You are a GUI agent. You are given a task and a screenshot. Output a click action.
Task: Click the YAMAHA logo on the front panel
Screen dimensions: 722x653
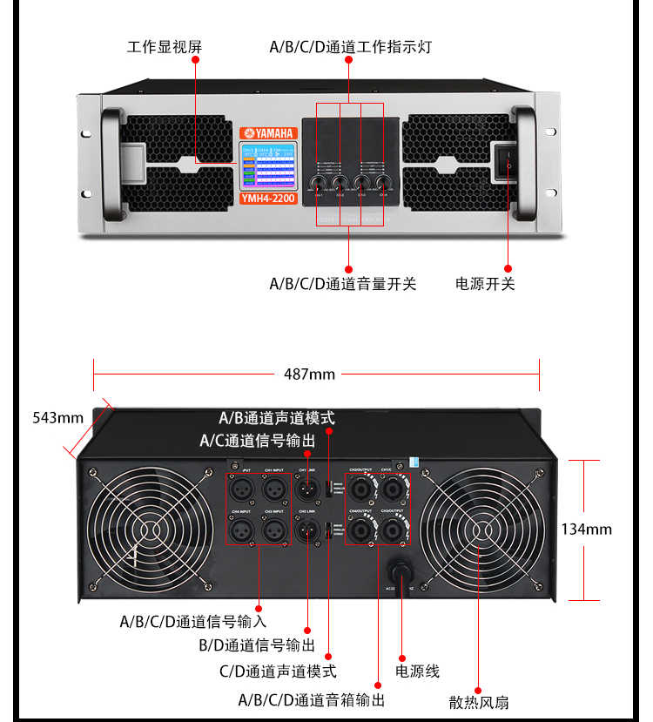pos(268,133)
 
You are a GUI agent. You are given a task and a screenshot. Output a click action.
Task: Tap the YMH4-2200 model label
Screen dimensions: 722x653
pos(268,199)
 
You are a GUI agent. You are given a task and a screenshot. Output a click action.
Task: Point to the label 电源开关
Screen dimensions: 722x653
pos(486,284)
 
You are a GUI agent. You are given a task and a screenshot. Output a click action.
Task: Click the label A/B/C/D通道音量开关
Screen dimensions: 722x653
pos(343,284)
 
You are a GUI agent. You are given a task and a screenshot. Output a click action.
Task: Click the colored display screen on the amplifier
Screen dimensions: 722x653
pos(268,165)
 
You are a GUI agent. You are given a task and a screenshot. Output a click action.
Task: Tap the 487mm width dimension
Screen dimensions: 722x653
pos(309,374)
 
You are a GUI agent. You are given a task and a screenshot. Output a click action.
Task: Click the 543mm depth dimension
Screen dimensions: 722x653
pos(57,417)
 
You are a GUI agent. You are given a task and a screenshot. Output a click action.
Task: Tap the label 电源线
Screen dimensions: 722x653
pos(418,671)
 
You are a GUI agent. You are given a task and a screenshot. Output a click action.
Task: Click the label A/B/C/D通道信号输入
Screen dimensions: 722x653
pos(193,622)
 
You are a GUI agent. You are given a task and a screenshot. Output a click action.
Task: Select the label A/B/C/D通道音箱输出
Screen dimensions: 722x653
pos(312,699)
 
